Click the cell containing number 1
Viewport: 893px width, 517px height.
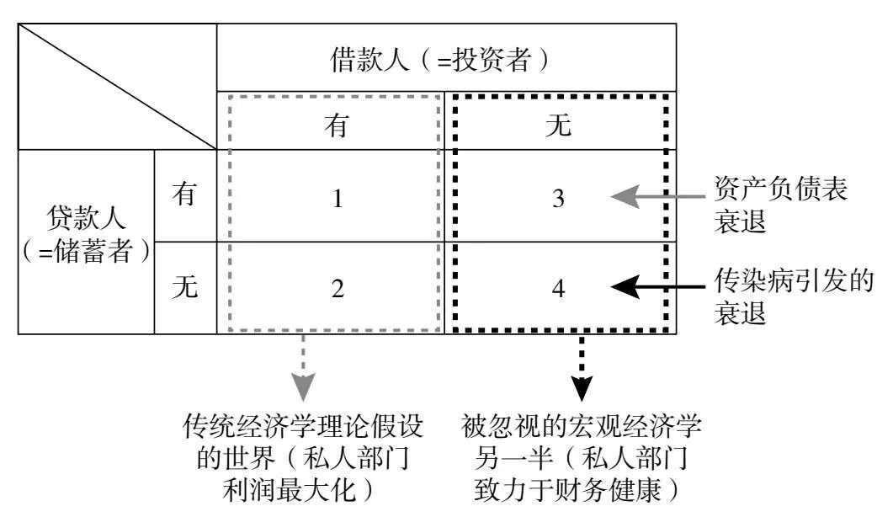(337, 199)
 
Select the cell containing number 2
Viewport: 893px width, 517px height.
(337, 288)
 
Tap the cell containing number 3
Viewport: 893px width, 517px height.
(559, 199)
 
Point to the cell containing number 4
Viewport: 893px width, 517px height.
(559, 288)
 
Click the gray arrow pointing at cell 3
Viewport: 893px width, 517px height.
(656, 198)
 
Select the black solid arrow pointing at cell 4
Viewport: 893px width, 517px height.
(656, 288)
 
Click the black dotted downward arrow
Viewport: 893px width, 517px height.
(582, 370)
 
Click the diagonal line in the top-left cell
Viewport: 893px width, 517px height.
(117, 87)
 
